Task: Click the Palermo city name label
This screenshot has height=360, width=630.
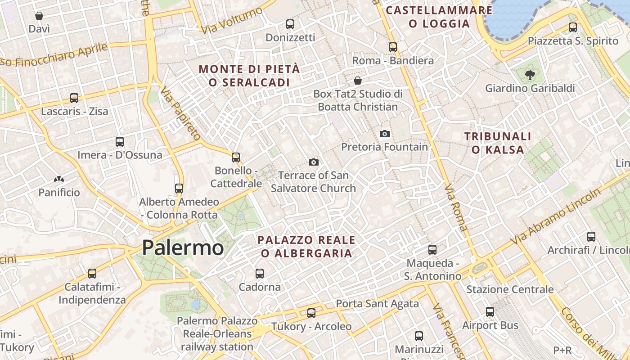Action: (183, 248)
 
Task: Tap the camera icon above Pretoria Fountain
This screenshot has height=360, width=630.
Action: (384, 134)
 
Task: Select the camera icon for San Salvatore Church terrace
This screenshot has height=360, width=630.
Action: (314, 162)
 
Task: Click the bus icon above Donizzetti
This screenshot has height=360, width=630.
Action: (290, 24)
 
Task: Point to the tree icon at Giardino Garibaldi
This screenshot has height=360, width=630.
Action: (530, 75)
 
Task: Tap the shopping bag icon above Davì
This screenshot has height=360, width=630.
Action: (39, 16)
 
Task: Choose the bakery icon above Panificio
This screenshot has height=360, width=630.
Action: (59, 179)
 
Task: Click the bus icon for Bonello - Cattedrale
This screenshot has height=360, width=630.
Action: (236, 157)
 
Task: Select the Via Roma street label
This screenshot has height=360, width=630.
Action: (455, 207)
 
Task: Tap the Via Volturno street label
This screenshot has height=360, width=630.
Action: (232, 20)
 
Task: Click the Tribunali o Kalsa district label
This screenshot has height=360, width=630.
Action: (498, 143)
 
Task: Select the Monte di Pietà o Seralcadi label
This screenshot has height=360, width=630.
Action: (249, 76)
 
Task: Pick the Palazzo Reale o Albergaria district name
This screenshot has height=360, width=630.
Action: (306, 246)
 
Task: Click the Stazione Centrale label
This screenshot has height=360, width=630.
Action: (510, 289)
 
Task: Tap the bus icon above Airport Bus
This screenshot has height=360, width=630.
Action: (490, 311)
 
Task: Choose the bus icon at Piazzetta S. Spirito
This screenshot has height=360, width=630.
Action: (573, 27)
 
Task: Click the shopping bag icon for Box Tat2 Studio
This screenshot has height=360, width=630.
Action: (358, 81)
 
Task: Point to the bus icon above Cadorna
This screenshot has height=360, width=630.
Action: (260, 273)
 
